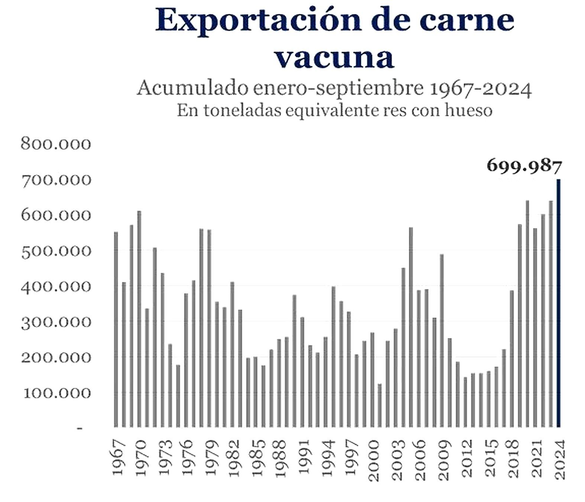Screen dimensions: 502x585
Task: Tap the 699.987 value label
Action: [x=524, y=166]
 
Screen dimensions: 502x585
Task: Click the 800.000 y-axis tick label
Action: [x=56, y=144]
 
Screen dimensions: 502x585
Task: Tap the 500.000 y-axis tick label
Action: [x=56, y=252]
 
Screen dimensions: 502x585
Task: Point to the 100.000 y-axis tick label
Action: [x=56, y=393]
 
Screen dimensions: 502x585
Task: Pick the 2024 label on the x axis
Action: [x=559, y=459]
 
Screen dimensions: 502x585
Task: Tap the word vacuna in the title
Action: [x=334, y=58]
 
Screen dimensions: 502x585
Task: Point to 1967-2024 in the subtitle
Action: [x=480, y=89]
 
